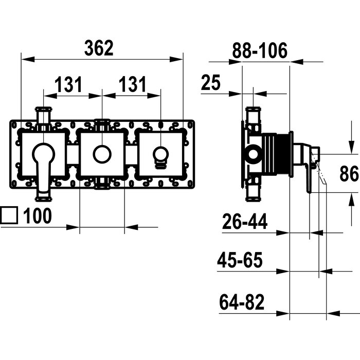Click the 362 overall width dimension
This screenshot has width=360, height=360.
point(99,48)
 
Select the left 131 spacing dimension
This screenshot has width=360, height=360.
point(68,84)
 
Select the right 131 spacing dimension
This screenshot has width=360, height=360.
point(133,84)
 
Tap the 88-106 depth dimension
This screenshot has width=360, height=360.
point(260,50)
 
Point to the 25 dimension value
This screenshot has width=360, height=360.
point(211,82)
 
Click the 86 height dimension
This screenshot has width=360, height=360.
point(349,173)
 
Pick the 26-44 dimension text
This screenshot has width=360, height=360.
point(245,221)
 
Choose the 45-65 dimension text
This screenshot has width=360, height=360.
point(240,260)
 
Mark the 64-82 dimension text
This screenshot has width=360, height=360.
point(242,302)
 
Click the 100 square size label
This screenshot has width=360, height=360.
point(38,215)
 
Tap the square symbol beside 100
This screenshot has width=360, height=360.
point(9,215)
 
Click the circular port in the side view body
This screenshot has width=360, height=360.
point(254,153)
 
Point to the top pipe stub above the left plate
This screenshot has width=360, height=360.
point(43,118)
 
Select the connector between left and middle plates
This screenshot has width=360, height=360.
point(73,154)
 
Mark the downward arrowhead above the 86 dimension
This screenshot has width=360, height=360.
point(351,147)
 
